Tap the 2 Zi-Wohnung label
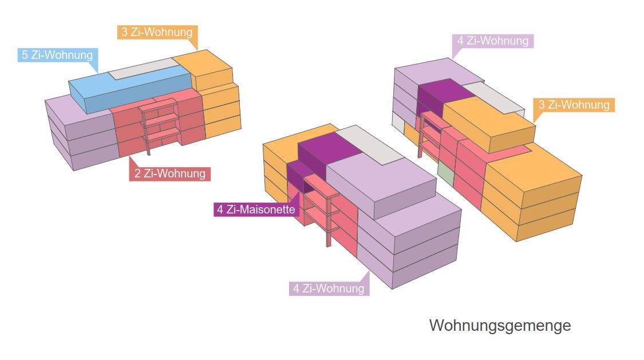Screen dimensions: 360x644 click(x=170, y=173)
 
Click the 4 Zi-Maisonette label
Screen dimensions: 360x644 click(x=256, y=209)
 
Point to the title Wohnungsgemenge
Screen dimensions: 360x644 click(x=500, y=326)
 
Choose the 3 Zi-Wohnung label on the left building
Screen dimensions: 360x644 click(x=157, y=32)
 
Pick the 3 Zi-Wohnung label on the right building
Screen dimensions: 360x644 click(x=574, y=105)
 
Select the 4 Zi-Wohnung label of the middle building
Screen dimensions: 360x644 click(x=329, y=288)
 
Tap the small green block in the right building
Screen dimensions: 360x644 click(x=445, y=173)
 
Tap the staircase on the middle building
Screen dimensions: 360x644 click(x=321, y=206)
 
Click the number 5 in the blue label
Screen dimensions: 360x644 click(x=25, y=56)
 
